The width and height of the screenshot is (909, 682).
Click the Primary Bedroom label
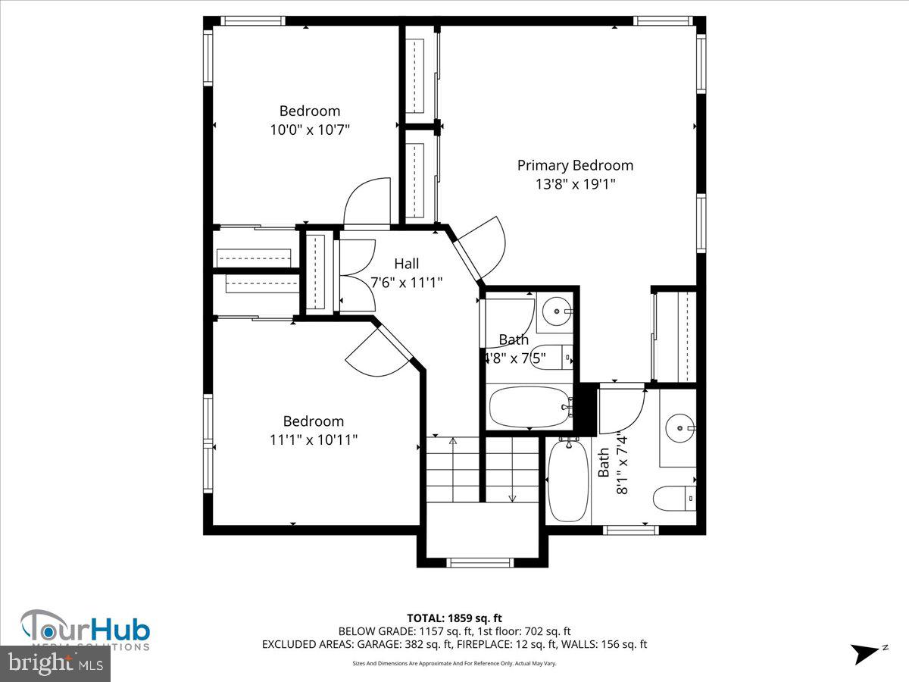[x=575, y=165]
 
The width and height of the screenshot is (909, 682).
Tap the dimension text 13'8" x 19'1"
[x=575, y=184]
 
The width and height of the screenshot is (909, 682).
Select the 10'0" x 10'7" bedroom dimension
[x=310, y=130]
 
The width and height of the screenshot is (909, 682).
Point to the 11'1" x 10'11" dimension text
[x=313, y=440]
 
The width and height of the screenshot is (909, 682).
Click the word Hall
[x=406, y=264]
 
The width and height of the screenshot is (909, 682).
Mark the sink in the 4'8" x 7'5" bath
[x=558, y=311]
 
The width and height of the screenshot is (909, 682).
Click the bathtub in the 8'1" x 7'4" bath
[x=568, y=480]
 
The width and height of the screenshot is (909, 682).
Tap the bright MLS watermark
[x=55, y=664]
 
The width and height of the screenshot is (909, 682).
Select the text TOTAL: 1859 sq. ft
[x=454, y=618]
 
